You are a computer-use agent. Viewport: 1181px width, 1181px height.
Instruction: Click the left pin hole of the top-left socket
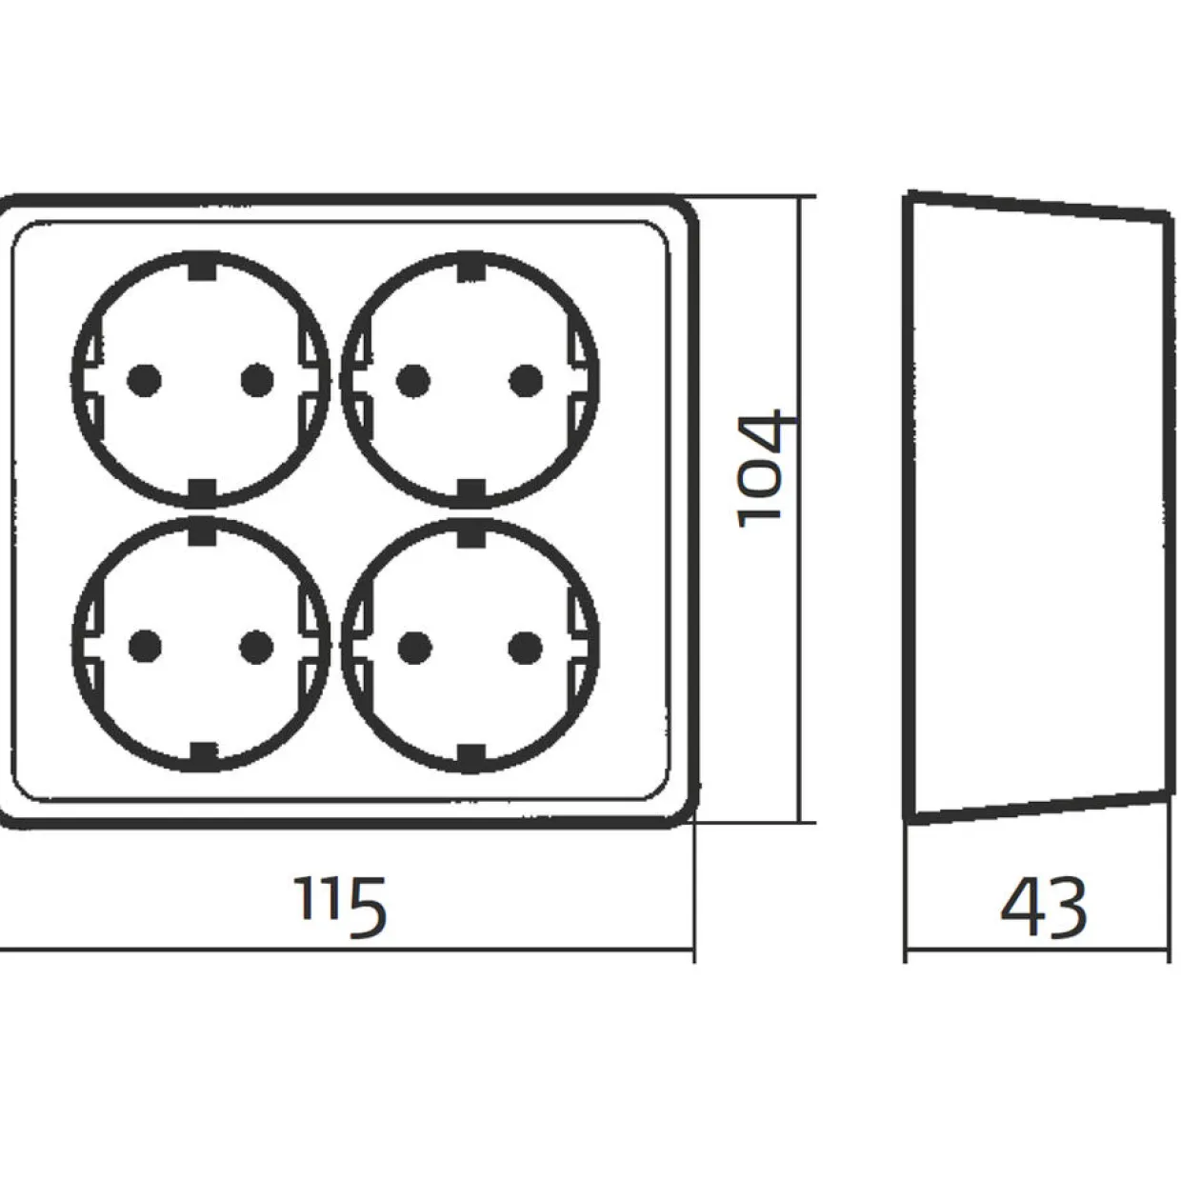[144, 380]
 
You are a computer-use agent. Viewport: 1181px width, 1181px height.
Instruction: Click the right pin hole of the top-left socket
[257, 380]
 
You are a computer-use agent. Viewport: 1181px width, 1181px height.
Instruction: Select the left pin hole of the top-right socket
[413, 381]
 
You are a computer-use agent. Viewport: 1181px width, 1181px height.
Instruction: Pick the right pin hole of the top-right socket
[526, 381]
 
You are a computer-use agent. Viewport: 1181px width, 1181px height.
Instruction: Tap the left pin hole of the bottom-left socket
[146, 647]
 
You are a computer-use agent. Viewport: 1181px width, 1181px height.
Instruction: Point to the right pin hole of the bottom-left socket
[257, 648]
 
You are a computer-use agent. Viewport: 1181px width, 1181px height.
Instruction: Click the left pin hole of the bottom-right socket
[414, 648]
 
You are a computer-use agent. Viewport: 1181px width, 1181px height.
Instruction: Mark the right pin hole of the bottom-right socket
[526, 648]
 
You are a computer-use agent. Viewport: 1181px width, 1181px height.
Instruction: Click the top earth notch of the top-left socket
[203, 269]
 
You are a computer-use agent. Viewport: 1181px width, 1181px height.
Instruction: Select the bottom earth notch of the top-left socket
[203, 491]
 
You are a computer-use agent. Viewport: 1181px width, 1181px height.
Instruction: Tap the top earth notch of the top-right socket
[471, 269]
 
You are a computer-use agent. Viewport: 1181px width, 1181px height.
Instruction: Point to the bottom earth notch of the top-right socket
[471, 491]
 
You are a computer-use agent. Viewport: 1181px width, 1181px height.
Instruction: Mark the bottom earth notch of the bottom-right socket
[471, 757]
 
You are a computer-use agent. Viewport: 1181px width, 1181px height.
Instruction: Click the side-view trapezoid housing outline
[911, 509]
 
